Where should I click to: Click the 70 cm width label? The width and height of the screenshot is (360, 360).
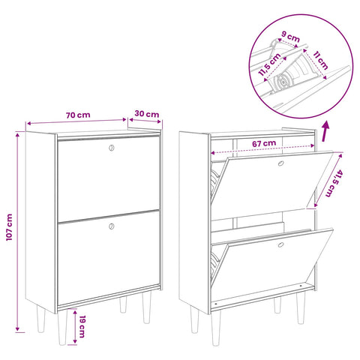(78, 115)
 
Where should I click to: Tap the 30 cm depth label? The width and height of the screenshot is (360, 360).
(147, 114)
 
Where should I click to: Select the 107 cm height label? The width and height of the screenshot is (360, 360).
(9, 227)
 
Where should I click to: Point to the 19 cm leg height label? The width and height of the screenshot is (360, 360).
(82, 326)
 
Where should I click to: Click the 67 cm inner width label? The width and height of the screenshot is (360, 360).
(264, 143)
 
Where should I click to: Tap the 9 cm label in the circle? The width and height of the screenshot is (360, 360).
(290, 37)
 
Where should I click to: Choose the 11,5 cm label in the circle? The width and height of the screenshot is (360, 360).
(269, 64)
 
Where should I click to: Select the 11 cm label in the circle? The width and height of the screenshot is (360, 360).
(320, 60)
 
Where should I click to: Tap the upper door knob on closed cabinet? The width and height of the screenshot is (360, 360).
(112, 148)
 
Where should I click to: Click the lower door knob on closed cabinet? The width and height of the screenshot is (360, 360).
(112, 226)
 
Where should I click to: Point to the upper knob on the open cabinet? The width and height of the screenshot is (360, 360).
(280, 163)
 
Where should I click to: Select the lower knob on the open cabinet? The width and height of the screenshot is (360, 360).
(280, 244)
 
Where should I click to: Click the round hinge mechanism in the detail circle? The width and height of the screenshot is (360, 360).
(283, 82)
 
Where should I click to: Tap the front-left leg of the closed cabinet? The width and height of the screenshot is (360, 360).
(62, 327)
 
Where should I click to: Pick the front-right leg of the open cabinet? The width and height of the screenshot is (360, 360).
(301, 308)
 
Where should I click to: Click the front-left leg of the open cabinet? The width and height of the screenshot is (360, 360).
(216, 328)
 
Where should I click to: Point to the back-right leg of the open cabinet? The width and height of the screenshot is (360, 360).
(277, 305)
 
